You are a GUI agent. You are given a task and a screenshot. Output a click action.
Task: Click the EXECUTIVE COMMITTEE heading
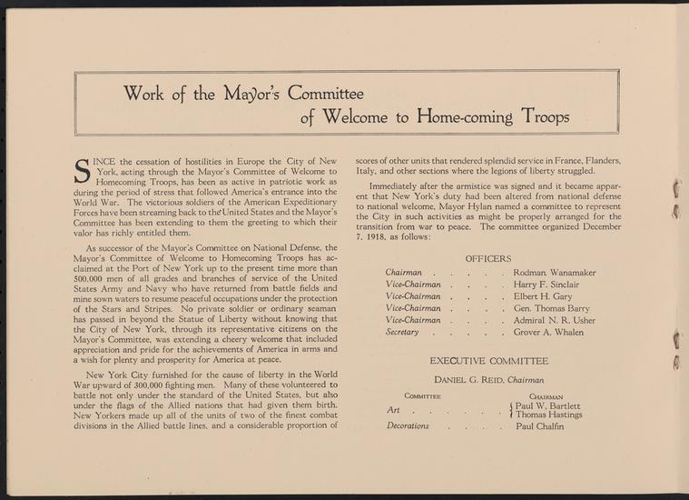pos(488,361)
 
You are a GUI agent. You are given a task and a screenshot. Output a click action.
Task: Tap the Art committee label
pos(393,410)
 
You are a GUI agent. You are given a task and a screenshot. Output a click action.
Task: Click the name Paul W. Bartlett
pos(550,405)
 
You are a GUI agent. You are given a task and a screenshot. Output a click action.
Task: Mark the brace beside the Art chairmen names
pos(511,410)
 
